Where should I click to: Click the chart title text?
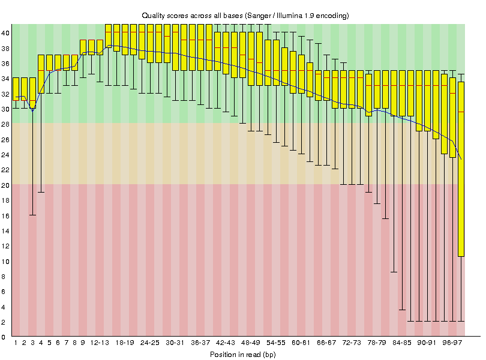(x=245, y=14)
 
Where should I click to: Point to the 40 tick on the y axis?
(x=5, y=33)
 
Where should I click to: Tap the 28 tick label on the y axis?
(x=5, y=124)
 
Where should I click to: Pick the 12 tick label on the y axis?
(x=5, y=246)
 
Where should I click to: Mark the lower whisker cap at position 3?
(x=32, y=215)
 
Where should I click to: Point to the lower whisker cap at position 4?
(x=41, y=192)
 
